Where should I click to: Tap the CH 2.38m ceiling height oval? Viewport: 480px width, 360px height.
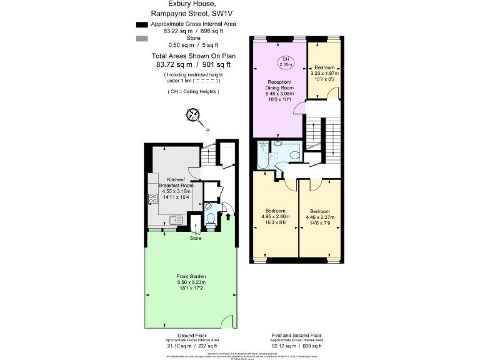[285, 61]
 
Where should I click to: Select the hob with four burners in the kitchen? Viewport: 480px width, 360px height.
[152, 199]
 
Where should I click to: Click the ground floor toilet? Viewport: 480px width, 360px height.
[211, 219]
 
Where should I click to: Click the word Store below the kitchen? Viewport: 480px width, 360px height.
[196, 238]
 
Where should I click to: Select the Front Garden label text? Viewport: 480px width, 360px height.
[191, 276]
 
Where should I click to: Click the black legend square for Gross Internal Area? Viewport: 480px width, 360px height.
[141, 24]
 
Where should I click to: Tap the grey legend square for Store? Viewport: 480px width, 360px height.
[141, 39]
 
